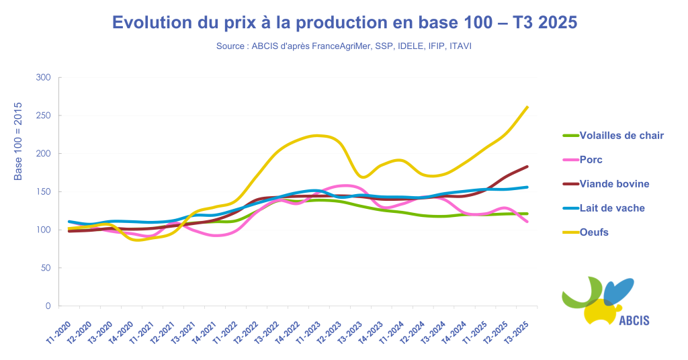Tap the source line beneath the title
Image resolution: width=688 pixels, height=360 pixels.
(x=344, y=46)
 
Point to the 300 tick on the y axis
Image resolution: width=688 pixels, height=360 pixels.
(x=43, y=78)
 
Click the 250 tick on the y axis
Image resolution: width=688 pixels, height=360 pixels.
(x=43, y=116)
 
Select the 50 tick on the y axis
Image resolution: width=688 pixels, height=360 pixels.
(x=45, y=268)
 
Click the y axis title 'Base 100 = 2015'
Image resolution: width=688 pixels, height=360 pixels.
(x=18, y=141)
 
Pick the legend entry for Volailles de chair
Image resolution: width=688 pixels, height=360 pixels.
(x=621, y=136)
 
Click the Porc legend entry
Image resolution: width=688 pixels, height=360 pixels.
(x=591, y=160)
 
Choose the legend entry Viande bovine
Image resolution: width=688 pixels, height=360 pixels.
(x=614, y=184)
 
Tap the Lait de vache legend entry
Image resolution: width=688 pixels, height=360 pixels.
(x=612, y=208)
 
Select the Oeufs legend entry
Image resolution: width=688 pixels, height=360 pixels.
(x=594, y=232)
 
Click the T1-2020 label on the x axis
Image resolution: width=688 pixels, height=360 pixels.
(x=59, y=331)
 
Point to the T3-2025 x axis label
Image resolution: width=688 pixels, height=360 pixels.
(x=517, y=331)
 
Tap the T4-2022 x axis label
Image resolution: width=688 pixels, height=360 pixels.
(x=288, y=331)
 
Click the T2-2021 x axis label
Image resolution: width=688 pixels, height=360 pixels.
(x=163, y=331)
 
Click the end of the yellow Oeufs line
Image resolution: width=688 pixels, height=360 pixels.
(x=527, y=107)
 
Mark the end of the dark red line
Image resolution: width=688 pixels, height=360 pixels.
(x=527, y=167)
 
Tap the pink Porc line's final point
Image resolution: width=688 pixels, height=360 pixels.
(x=527, y=222)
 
